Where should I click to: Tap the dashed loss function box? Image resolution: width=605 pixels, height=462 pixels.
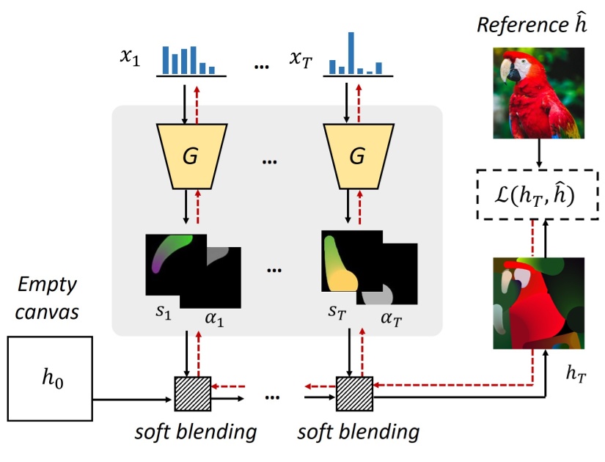coord(534,194)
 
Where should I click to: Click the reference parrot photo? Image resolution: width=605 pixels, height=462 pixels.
coord(539,92)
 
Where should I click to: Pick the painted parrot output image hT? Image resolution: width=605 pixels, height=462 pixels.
coord(539,301)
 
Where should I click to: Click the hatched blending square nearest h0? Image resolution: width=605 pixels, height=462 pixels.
coord(191,395)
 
